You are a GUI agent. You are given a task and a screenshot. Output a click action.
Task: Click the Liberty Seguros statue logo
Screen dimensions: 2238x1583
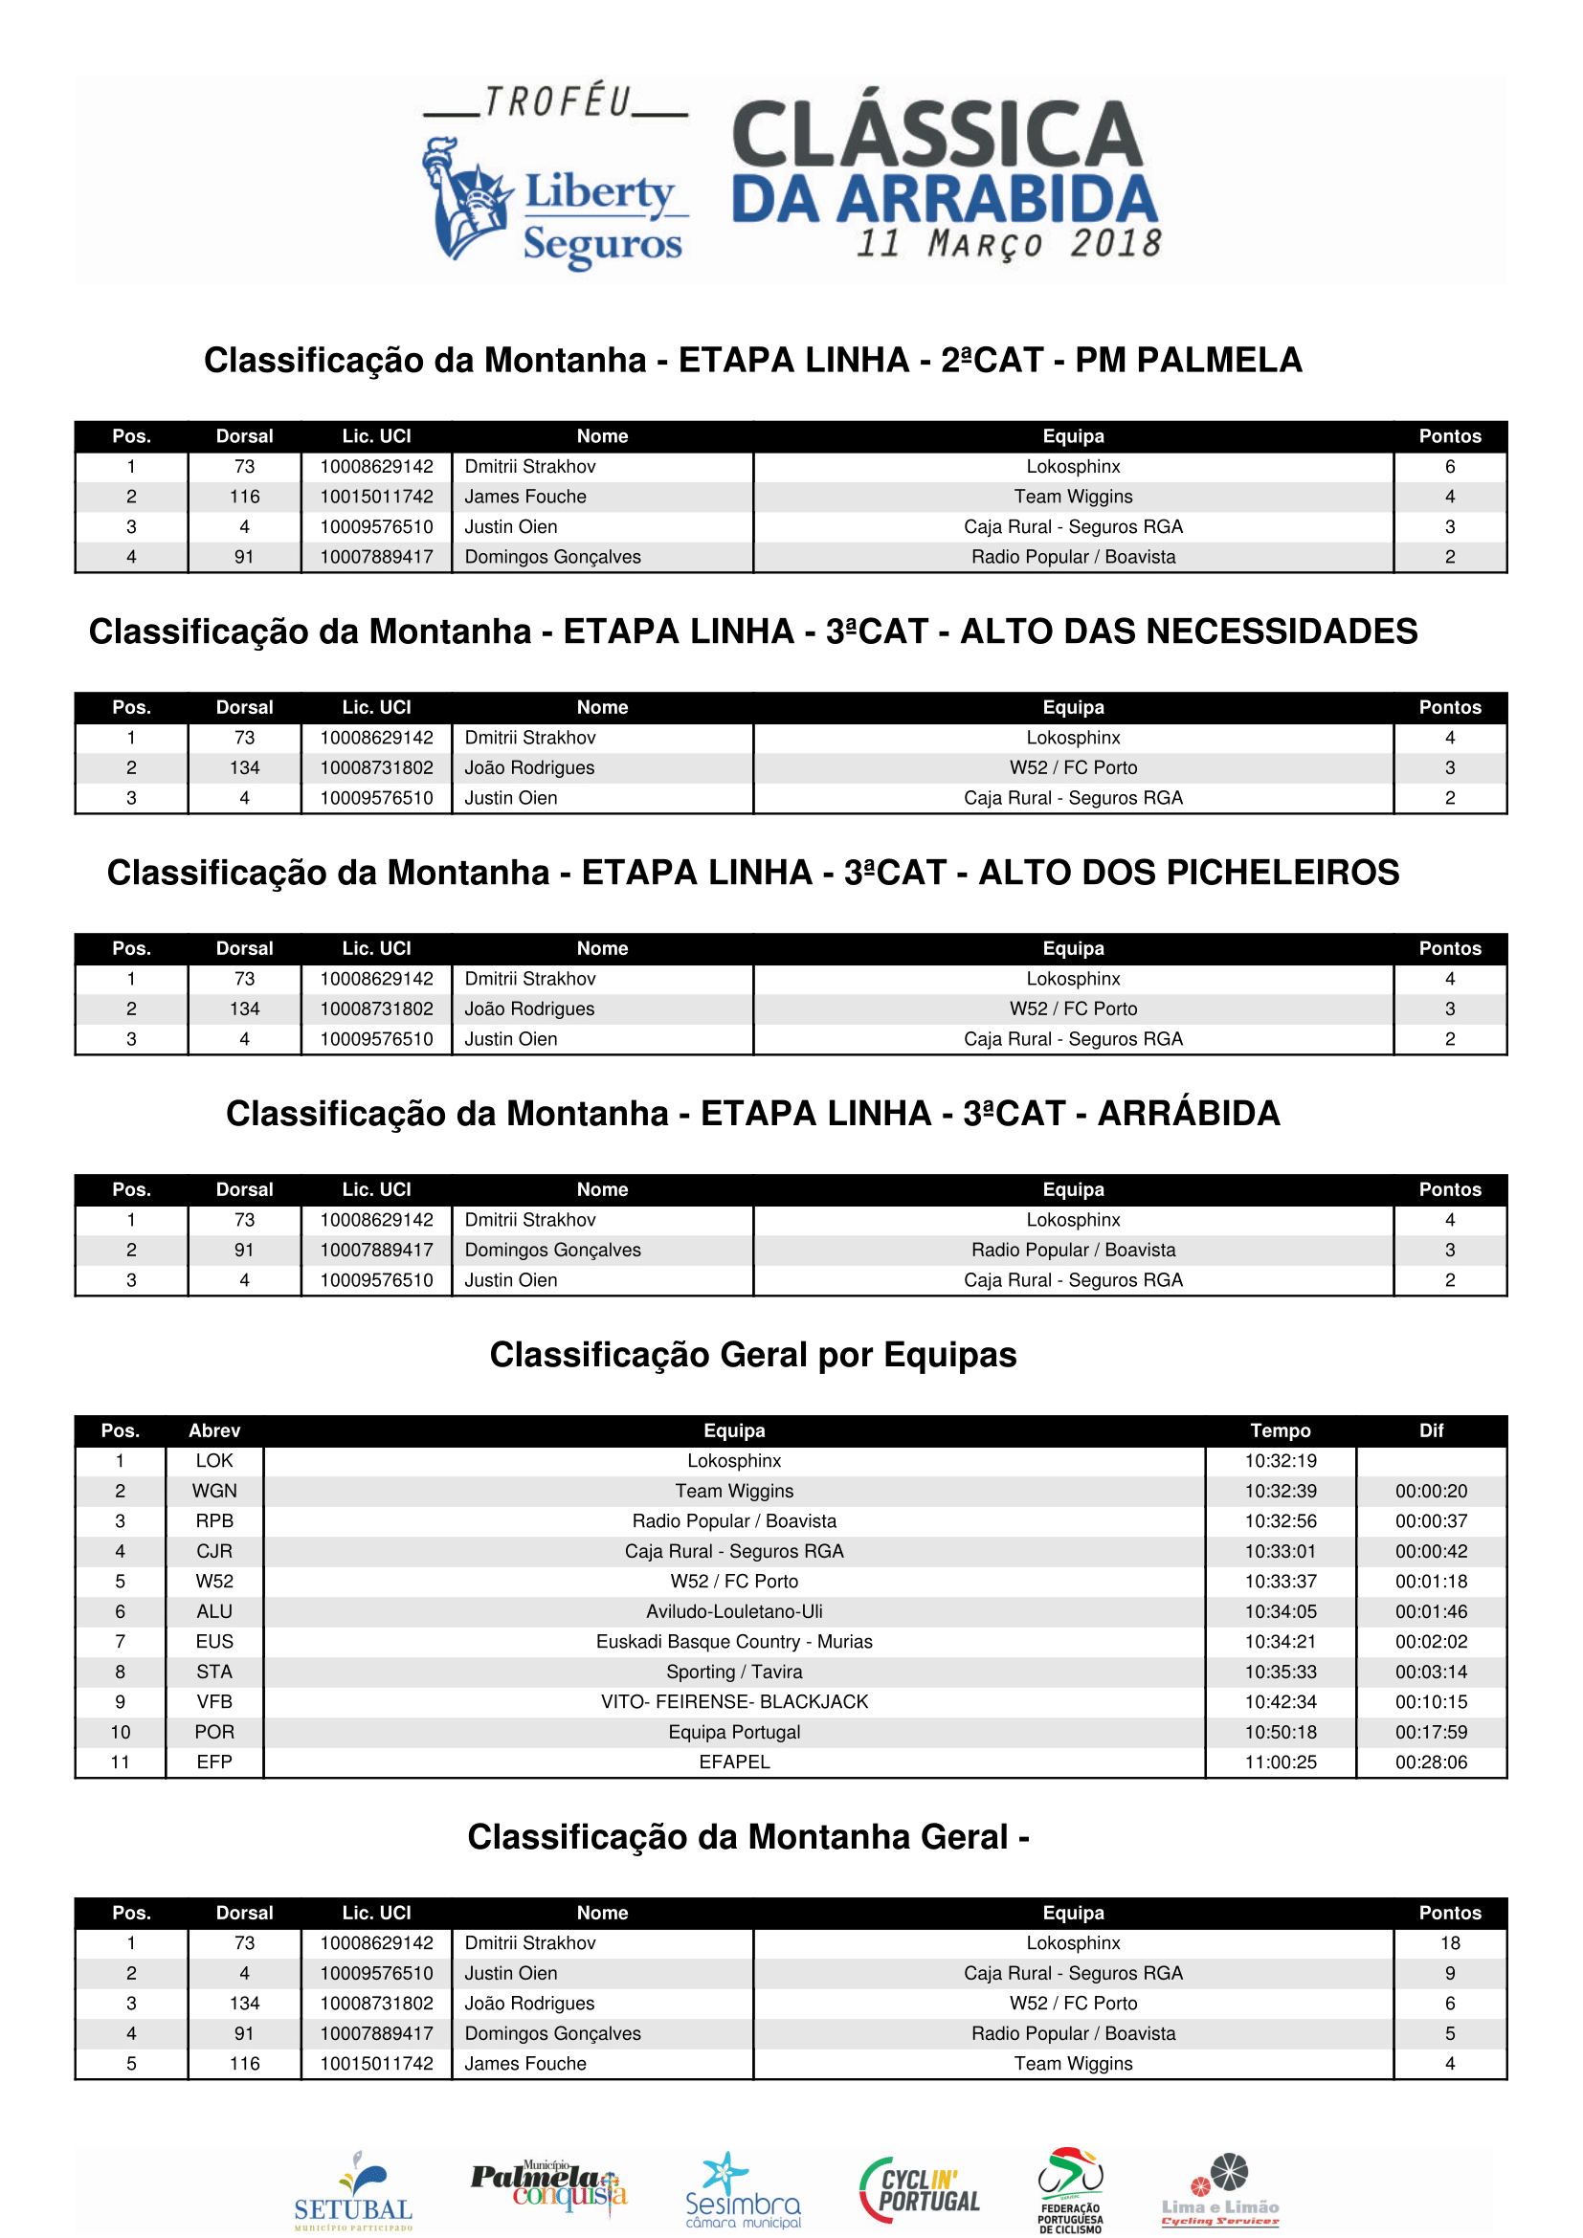click(x=466, y=199)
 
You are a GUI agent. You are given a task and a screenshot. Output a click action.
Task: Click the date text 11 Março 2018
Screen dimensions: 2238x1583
click(x=1009, y=244)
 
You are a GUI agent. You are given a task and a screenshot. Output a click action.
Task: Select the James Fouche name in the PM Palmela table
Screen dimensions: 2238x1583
click(x=525, y=498)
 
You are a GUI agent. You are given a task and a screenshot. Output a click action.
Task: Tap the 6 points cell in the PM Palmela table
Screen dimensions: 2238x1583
click(x=1449, y=467)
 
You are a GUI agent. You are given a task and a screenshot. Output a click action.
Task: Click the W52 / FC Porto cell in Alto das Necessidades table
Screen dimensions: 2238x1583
click(x=1072, y=768)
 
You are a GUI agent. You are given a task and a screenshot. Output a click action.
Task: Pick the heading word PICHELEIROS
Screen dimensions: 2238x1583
click(x=1189, y=873)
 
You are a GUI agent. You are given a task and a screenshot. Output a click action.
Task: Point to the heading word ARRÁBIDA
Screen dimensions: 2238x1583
click(x=1189, y=1113)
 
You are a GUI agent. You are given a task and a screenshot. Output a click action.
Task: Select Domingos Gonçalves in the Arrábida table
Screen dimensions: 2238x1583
click(x=552, y=1251)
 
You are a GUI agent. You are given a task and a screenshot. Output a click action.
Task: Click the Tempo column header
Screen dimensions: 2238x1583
click(x=1280, y=1430)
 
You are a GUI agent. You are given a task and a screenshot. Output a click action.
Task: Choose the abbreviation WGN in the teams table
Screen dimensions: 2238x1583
click(x=214, y=1492)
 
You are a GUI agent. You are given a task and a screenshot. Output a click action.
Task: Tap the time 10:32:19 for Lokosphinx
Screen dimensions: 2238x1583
click(x=1280, y=1461)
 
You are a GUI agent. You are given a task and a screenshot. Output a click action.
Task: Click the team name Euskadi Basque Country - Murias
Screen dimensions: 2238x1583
click(x=734, y=1643)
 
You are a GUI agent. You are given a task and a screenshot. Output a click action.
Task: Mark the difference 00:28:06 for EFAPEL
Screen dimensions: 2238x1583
click(x=1431, y=1762)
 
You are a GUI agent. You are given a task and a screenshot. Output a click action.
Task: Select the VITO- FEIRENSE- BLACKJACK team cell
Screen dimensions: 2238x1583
click(x=734, y=1702)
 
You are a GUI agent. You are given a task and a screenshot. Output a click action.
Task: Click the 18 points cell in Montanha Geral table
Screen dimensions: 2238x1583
click(x=1449, y=1943)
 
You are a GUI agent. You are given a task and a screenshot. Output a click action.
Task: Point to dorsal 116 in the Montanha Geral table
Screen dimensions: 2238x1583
click(x=245, y=2064)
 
